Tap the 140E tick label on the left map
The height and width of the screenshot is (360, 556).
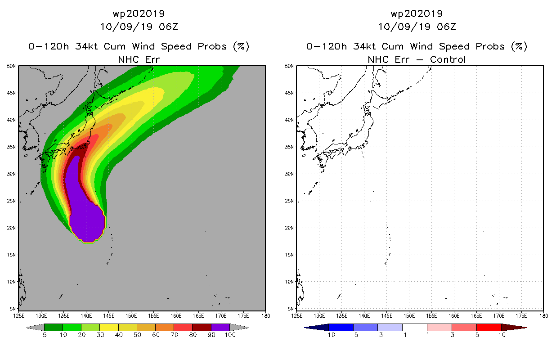86,316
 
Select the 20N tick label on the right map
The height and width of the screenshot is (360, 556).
289,228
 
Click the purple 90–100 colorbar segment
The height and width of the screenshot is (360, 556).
220,327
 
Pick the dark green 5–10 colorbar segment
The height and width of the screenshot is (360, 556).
54,327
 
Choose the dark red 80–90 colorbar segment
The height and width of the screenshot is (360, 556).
202,327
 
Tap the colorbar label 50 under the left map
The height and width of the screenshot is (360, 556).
137,335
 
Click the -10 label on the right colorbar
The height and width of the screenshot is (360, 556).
329,335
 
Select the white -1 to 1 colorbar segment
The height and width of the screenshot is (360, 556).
415,327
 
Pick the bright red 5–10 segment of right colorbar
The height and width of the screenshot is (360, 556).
489,327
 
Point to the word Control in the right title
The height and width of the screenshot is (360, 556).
448,59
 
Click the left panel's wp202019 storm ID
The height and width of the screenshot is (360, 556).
139,13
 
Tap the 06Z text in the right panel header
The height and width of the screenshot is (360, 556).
447,27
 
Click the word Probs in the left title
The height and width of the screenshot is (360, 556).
212,46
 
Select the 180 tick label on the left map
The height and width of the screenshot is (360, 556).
266,316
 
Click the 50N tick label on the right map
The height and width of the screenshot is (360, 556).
289,66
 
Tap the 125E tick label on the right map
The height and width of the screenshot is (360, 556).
296,316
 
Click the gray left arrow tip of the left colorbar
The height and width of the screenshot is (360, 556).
27,328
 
